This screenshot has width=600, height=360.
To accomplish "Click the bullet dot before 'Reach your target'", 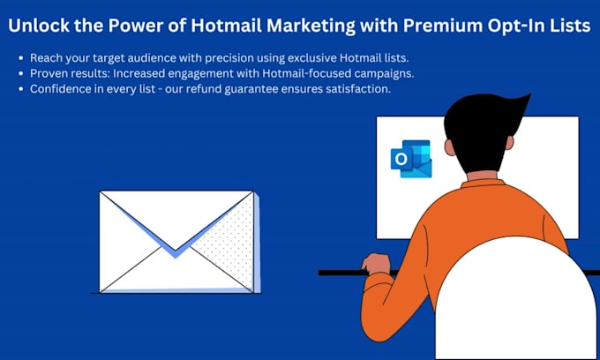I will [x=20, y=57].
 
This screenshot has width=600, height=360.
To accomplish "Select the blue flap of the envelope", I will [x=176, y=238].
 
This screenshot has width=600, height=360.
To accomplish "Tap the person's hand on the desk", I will [x=376, y=264].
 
